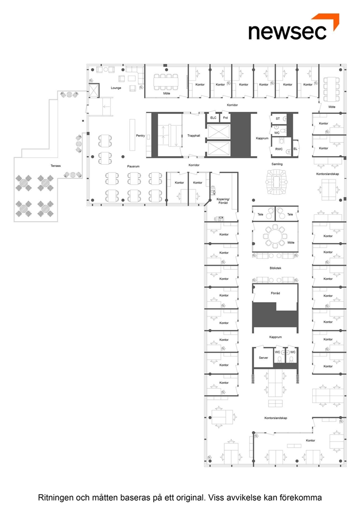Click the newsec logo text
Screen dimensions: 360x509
point(287,32)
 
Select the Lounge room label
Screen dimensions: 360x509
point(116,88)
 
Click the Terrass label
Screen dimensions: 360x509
point(56,166)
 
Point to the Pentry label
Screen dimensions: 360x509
point(140,136)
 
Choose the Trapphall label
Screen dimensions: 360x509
point(193,136)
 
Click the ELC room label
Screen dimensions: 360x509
point(213,118)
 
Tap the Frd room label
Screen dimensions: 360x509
point(225,118)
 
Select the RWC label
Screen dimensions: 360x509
point(279,149)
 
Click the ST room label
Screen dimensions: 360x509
point(277,119)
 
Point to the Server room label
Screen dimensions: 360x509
point(263,358)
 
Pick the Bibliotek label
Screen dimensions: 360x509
point(275,268)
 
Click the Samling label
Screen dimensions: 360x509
point(277,164)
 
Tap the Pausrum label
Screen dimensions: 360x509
point(133,167)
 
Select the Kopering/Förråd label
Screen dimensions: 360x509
point(223,201)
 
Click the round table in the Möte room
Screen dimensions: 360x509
point(275,235)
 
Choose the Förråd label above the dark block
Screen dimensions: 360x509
point(275,293)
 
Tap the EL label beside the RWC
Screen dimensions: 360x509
point(295,149)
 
